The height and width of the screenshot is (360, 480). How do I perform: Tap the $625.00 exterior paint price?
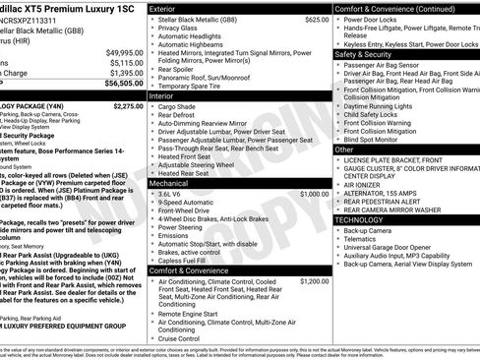click(317, 19)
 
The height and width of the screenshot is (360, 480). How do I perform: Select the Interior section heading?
click(162, 96)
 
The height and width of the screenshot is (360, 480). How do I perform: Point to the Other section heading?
click(345, 150)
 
